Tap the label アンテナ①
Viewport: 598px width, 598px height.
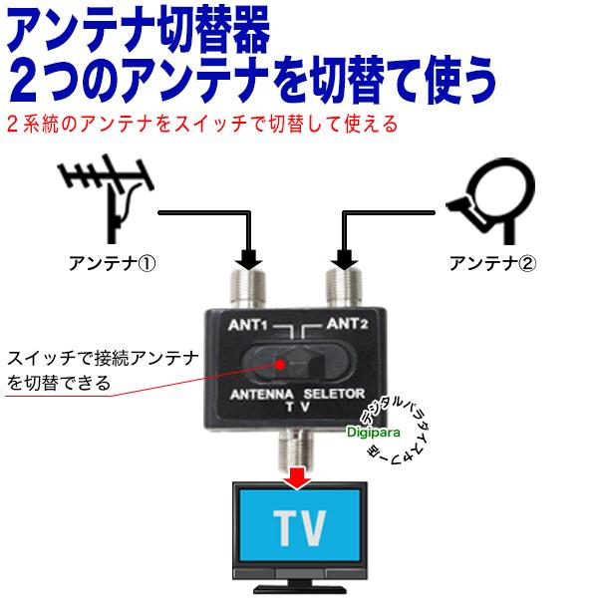coord(112,263)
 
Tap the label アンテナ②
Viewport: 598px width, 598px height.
coord(492,263)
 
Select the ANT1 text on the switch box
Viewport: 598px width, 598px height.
coord(248,325)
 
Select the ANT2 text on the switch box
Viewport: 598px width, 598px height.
coord(347,324)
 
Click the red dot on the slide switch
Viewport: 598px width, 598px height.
coord(280,365)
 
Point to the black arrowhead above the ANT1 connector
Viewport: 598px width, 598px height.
coord(248,260)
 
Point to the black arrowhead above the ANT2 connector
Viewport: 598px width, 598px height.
coord(345,260)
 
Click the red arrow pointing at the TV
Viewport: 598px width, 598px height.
coord(297,477)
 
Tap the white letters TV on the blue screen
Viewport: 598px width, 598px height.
coord(300,528)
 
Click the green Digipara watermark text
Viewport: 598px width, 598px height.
coord(374,433)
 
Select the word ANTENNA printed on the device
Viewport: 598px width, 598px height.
coord(262,395)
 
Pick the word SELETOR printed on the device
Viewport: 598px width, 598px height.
coord(334,394)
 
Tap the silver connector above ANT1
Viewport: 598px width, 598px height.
coord(247,288)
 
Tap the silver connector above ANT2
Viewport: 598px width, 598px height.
coord(344,288)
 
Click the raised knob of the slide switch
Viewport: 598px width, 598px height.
coord(306,365)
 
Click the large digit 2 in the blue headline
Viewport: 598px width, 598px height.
coord(27,80)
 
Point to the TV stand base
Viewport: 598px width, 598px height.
coord(299,589)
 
